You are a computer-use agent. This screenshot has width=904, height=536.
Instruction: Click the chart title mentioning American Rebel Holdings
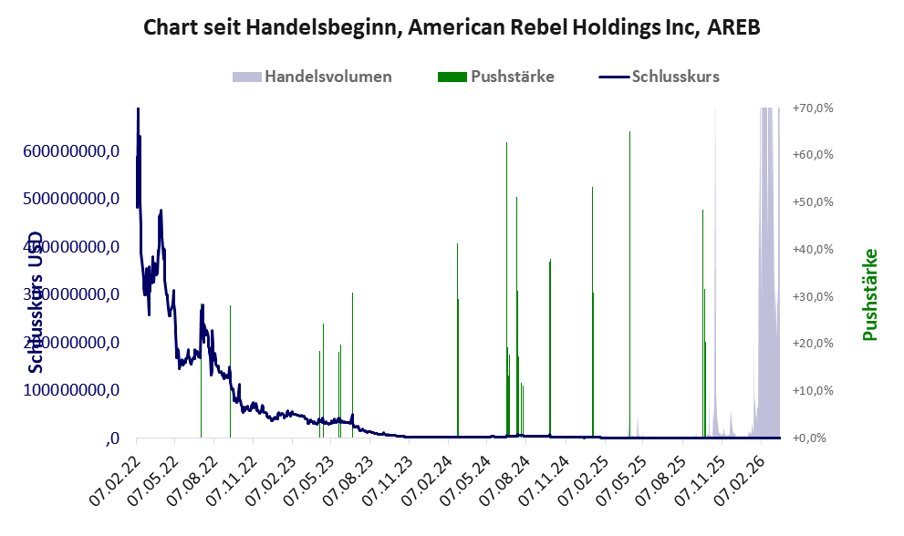(x=452, y=27)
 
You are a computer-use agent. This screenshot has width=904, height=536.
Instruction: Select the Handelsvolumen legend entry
(x=328, y=77)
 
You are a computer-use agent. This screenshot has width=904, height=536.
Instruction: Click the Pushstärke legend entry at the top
(x=512, y=77)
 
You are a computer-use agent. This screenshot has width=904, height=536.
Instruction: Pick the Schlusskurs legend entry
(x=675, y=77)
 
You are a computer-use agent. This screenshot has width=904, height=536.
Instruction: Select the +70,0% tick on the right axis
(x=814, y=108)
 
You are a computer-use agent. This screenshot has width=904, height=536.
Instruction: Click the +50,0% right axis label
(x=814, y=202)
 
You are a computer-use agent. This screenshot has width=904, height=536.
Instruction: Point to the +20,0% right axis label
(x=814, y=344)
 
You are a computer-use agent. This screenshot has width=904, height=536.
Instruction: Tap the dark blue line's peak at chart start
(x=138, y=109)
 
